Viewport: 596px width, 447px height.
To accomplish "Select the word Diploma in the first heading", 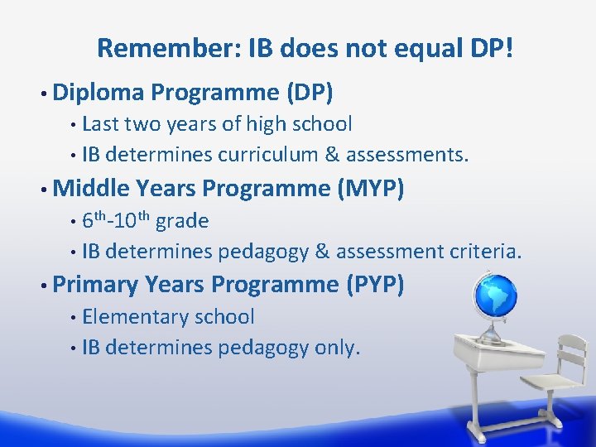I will click(98, 93).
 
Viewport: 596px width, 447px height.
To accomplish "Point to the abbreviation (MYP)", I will click(371, 189).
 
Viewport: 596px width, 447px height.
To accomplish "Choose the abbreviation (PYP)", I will click(372, 285).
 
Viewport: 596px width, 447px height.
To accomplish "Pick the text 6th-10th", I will click(116, 221).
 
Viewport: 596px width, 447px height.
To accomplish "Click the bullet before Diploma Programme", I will click(41, 94).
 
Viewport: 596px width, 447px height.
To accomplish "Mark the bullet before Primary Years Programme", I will click(41, 286).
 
